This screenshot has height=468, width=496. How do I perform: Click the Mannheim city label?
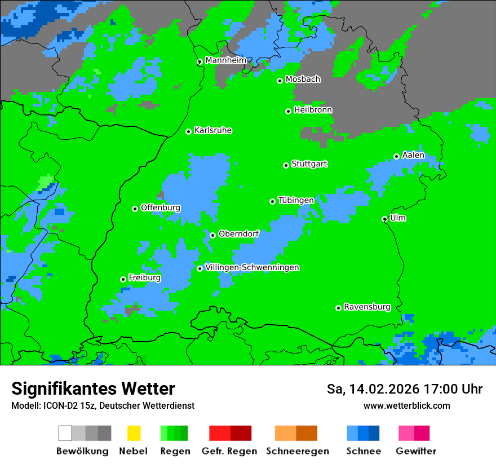(225, 60)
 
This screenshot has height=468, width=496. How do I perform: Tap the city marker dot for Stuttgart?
(286, 165)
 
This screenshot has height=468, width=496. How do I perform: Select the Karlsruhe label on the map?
(212, 130)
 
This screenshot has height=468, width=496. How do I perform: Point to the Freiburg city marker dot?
(123, 279)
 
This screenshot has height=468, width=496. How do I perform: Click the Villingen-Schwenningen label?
(252, 267)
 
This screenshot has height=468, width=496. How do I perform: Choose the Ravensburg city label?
(367, 307)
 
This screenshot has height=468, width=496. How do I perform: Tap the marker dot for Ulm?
(385, 219)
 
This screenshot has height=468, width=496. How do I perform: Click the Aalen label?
(413, 155)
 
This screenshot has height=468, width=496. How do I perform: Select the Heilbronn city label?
(313, 110)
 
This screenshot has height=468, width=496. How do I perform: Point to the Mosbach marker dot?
(280, 81)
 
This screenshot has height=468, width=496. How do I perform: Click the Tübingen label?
(296, 200)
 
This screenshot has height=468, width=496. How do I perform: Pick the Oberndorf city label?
(238, 234)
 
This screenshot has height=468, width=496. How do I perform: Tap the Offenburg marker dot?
(135, 209)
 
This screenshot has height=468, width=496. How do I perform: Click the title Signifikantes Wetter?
(93, 388)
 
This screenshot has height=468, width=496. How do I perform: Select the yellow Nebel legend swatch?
(134, 433)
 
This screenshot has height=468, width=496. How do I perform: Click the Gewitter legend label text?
(416, 451)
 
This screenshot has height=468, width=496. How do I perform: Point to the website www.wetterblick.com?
(406, 405)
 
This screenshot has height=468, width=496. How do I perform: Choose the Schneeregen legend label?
(296, 451)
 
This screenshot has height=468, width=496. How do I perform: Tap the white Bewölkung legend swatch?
(65, 433)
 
